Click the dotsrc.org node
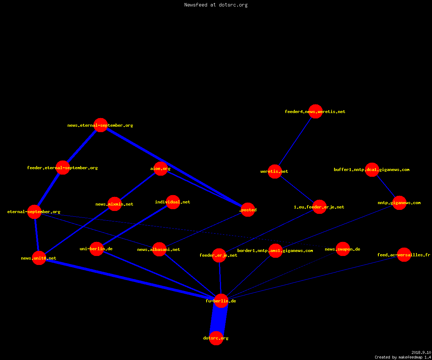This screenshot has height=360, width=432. point(216,338)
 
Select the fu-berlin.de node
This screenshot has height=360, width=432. point(221,301)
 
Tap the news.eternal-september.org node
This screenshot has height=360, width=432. point(100,125)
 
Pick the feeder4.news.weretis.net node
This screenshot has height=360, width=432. point(315,111)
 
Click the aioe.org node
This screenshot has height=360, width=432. point(161,168)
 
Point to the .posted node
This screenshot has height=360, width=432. point(248,210)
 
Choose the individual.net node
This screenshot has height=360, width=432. point(173,202)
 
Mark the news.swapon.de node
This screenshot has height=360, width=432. point(343,249)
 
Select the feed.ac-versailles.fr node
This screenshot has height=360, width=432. point(404,255)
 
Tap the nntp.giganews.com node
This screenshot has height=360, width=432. point(399,203)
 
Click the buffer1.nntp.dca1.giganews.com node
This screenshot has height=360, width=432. point(372,170)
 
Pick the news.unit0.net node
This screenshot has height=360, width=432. point(39,258)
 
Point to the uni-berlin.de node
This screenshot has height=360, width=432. point(96,249)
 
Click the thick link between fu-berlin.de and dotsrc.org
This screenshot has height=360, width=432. point(219,319)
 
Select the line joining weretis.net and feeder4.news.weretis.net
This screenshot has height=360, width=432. point(295,141)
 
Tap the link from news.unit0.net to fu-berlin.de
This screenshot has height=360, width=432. point(130,279)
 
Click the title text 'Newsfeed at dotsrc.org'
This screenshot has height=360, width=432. point(216,5)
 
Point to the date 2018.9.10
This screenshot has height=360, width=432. point(421,352)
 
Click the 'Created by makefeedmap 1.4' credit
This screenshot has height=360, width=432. point(403,357)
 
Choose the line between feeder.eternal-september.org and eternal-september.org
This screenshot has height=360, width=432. point(49,189)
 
